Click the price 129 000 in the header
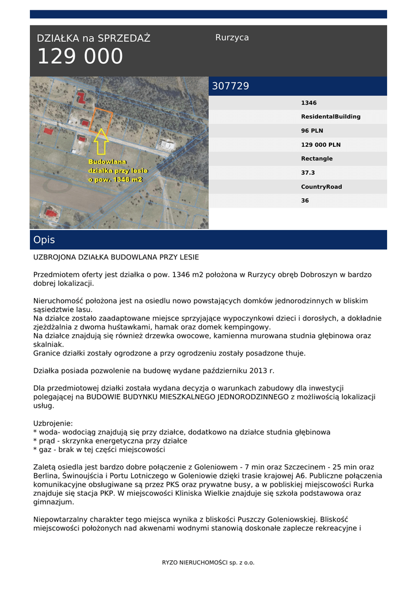(x=80, y=57)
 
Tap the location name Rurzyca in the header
(x=232, y=37)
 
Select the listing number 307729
(x=231, y=86)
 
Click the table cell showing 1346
(x=309, y=103)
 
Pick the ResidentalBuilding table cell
(x=331, y=117)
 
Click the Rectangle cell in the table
(x=316, y=159)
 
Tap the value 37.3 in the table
(x=308, y=173)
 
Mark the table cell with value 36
(x=305, y=201)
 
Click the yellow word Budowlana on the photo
(x=107, y=162)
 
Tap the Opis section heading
(x=44, y=240)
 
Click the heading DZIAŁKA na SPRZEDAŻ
(x=93, y=39)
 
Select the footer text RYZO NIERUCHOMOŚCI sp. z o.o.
(x=208, y=563)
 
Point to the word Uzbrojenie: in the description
(x=53, y=422)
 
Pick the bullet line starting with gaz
(x=99, y=450)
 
